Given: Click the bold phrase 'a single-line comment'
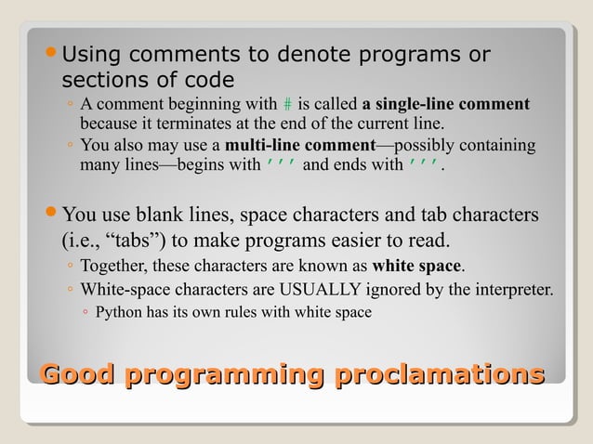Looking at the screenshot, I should coord(445,103).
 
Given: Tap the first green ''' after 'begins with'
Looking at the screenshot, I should coord(282,167).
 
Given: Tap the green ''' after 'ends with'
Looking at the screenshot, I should coord(424,167).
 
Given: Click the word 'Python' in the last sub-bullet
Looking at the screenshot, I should coord(119,312).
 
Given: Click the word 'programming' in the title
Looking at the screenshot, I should coord(224,376).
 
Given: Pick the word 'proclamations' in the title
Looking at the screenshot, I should coord(439,376).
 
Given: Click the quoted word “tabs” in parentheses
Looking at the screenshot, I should coord(114,242).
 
